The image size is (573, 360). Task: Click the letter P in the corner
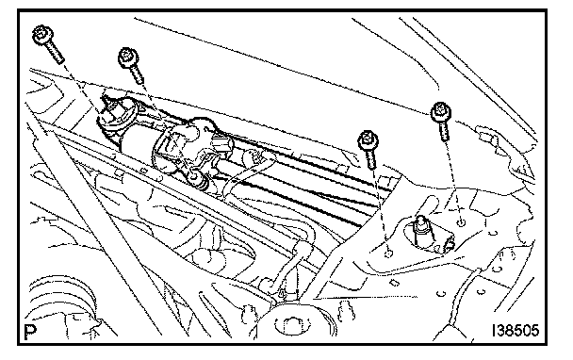[x=31, y=333]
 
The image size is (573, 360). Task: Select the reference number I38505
[x=515, y=331]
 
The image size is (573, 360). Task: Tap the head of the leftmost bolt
[x=42, y=35]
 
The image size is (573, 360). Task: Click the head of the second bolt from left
[x=128, y=57]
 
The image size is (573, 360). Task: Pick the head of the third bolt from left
[x=368, y=140]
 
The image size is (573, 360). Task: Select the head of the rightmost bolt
[x=441, y=112]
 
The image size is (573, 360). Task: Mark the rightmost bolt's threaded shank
[x=443, y=132]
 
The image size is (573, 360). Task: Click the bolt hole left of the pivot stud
[x=389, y=253]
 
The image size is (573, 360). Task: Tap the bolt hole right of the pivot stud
[x=462, y=222]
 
